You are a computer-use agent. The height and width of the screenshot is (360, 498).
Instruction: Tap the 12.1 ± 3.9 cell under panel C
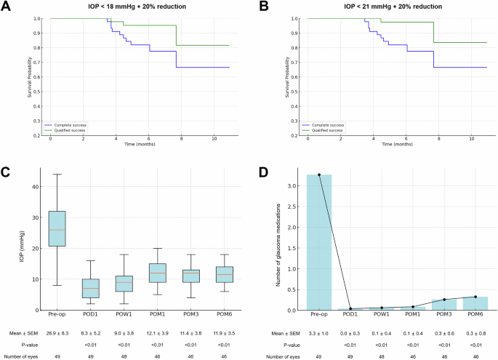coord(158,333)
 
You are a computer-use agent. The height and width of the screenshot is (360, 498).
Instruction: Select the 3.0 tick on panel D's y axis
coord(293,185)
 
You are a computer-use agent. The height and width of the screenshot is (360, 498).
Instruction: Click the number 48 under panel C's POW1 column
coord(124,357)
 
